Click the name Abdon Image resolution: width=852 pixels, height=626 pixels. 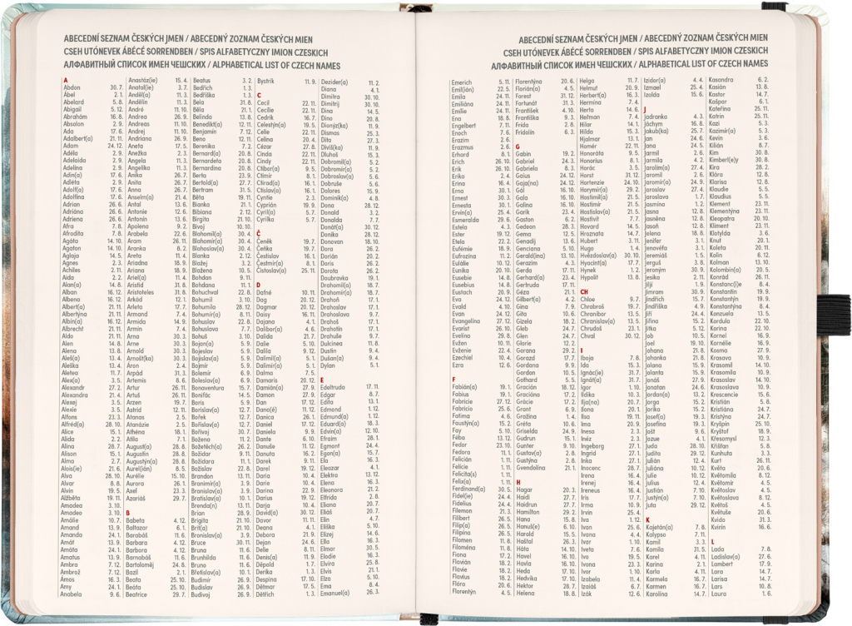click(x=72, y=87)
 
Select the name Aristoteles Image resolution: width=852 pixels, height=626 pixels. click(x=146, y=292)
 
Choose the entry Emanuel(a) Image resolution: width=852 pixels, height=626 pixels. click(x=334, y=592)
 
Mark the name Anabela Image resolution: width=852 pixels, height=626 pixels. click(x=76, y=594)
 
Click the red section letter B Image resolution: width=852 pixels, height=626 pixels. click(x=127, y=512)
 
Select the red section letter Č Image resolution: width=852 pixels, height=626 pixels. click(x=259, y=234)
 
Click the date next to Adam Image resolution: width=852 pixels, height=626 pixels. click(x=116, y=146)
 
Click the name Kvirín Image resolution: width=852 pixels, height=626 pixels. click(x=719, y=526)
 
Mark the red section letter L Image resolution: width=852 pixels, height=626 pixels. click(x=711, y=541)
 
